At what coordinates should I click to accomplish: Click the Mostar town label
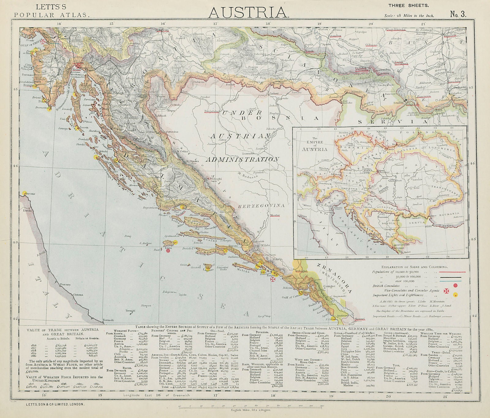(x=275, y=215)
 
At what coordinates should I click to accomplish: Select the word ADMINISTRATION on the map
(x=242, y=159)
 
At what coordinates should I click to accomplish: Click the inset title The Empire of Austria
(x=315, y=144)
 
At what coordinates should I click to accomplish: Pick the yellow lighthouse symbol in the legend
(x=456, y=295)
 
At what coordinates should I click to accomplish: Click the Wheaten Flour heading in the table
(x=123, y=331)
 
